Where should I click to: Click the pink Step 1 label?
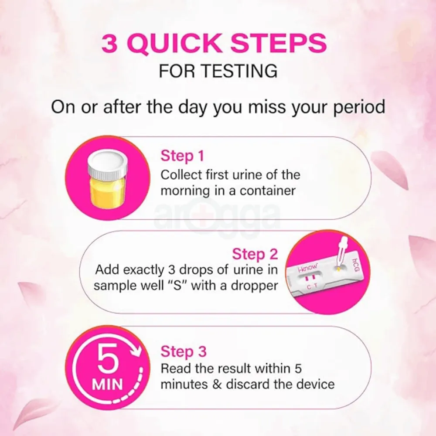(x=182, y=156)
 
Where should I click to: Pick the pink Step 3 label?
(x=183, y=351)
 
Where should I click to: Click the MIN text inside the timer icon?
(x=107, y=384)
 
